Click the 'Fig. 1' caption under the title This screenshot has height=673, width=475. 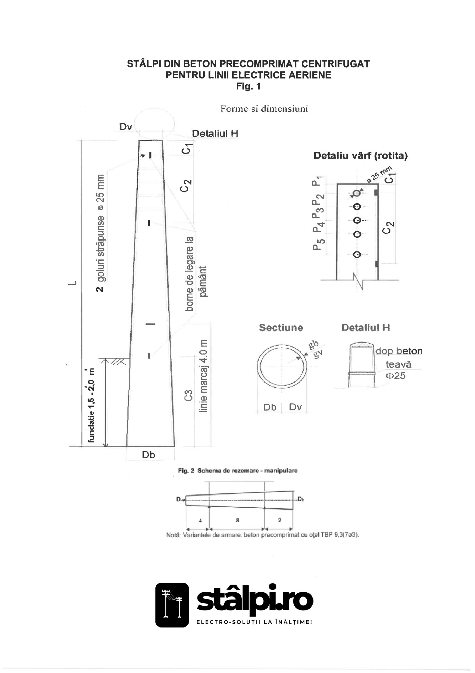pos(248,86)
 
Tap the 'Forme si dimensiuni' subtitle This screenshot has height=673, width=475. pos(264,109)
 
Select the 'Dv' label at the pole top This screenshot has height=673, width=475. pos(126,127)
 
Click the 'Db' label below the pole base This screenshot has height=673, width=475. pos(148,455)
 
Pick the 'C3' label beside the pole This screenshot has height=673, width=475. pos(189,395)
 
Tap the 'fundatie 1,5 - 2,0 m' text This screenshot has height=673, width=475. pos(91,405)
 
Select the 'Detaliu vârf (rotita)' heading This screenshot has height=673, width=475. pos(361,155)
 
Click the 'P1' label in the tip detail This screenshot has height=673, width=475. pos(317,181)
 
